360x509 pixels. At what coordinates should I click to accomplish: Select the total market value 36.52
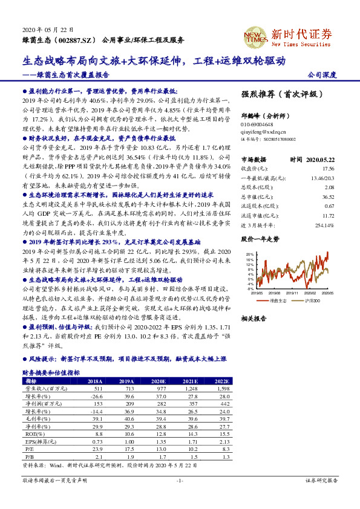328,196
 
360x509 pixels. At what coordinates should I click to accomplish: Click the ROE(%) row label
30,433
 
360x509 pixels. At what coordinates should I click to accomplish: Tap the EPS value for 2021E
189,442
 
